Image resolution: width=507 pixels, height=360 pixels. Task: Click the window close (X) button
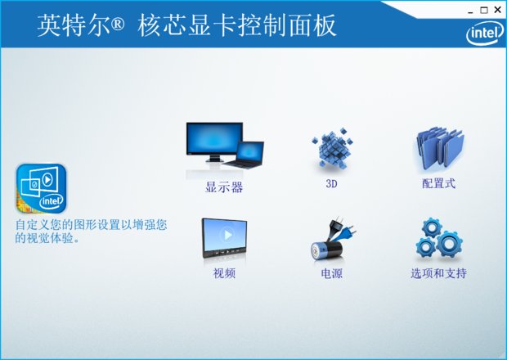pos(497,9)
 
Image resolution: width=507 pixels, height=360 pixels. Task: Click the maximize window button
pos(484,9)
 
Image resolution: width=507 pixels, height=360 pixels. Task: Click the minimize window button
pos(470,9)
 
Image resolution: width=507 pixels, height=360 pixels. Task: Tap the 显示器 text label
pos(224,187)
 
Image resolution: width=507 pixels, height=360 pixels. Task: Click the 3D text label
pos(331,184)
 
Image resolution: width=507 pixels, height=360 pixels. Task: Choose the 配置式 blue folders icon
pos(438,149)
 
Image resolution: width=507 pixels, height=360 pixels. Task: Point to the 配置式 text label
pos(438,184)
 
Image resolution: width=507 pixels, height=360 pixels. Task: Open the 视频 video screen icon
pos(224,240)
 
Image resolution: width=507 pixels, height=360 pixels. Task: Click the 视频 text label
pos(224,273)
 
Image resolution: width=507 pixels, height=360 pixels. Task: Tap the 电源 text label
pos(331,273)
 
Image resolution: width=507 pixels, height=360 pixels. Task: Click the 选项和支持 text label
pos(438,273)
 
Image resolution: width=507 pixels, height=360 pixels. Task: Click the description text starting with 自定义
pos(90,232)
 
